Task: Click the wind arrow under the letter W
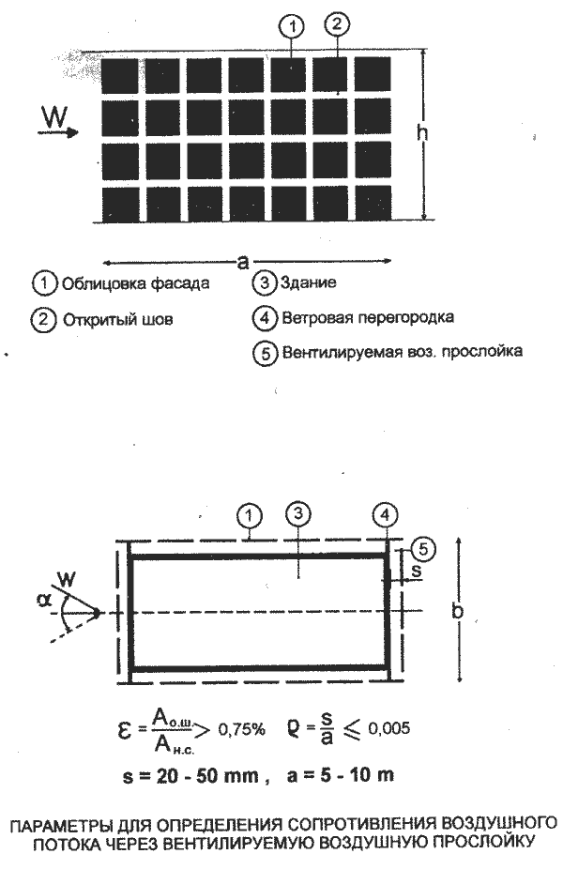[57, 132]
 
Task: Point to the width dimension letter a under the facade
[243, 262]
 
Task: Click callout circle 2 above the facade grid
[338, 23]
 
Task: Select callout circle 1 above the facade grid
[293, 26]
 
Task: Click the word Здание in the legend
[308, 282]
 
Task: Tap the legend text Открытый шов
[118, 320]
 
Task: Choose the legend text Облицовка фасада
[136, 283]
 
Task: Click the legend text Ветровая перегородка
[368, 317]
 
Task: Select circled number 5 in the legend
[265, 353]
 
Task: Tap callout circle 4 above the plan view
[386, 514]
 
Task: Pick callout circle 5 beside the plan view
[423, 549]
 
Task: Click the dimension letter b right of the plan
[458, 611]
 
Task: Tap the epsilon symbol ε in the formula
[125, 731]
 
